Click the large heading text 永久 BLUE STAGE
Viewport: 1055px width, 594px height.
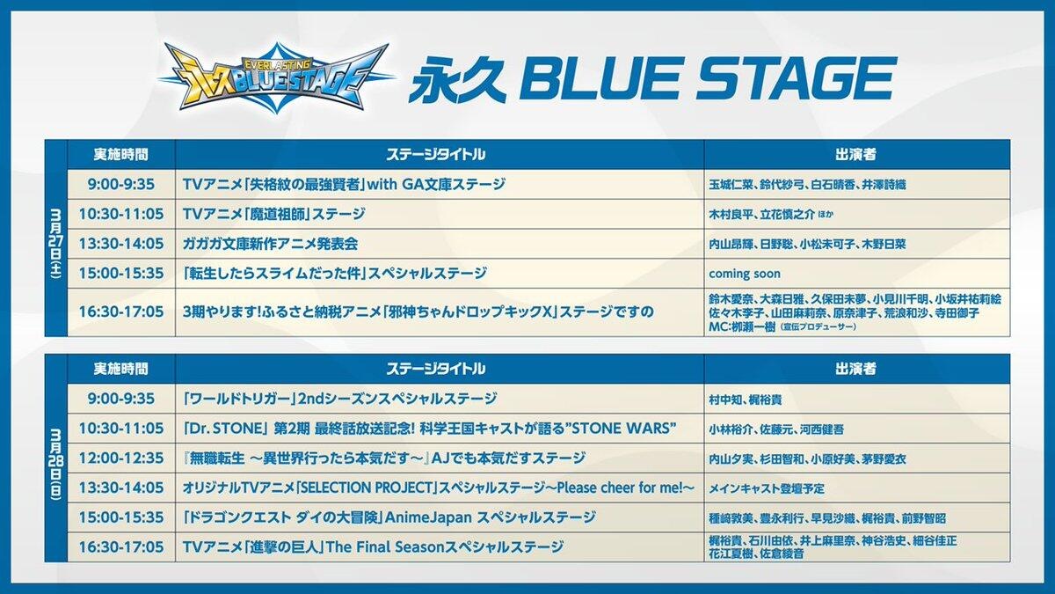coord(652,79)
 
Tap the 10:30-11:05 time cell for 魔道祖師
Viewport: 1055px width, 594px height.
coord(121,214)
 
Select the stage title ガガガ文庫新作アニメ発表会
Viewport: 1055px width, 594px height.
coord(271,244)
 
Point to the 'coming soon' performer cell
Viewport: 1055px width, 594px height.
coord(745,274)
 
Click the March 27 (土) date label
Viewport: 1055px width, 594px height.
coord(56,245)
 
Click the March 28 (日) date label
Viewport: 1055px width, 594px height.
coord(56,464)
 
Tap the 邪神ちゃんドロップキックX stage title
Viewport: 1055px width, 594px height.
coord(418,312)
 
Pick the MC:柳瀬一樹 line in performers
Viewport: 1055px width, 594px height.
coord(782,326)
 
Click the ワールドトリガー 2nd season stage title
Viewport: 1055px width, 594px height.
coord(339,399)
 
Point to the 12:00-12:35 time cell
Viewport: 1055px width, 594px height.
coord(121,458)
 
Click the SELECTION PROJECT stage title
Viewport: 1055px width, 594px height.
coord(439,488)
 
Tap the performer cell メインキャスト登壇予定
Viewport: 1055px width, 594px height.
coord(767,488)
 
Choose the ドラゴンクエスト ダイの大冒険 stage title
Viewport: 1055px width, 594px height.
coord(389,517)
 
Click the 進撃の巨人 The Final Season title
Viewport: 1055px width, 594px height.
coord(373,547)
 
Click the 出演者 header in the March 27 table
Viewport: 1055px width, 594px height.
coord(855,155)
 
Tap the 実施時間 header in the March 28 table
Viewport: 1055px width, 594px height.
coord(121,369)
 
